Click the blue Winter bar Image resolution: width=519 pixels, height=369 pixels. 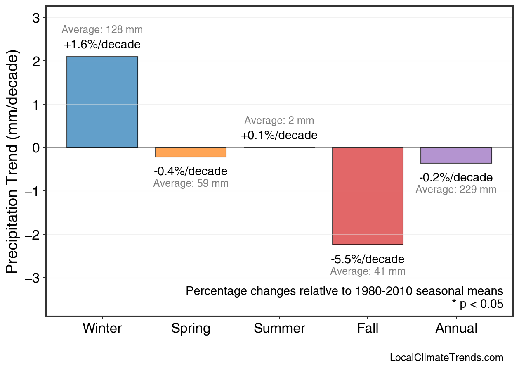(x=102, y=102)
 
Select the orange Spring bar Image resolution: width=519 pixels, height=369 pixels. (x=191, y=152)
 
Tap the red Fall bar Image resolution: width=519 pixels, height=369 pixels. (x=368, y=196)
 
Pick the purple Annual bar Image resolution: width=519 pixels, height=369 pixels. (x=456, y=155)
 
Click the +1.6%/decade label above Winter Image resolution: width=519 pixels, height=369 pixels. (x=102, y=45)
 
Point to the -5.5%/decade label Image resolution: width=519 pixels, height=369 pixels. (x=368, y=259)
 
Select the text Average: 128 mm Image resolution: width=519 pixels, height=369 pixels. (x=102, y=30)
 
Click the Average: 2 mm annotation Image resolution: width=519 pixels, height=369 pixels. (x=279, y=121)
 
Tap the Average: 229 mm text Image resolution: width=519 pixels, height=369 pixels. (x=456, y=190)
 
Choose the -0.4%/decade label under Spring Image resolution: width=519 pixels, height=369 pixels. (x=191, y=171)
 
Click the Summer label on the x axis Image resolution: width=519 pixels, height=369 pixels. (x=279, y=329)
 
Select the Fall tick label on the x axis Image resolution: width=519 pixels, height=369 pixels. (x=368, y=329)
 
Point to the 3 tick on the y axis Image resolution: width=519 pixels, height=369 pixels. (x=36, y=18)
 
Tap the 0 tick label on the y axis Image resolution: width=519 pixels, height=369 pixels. (x=36, y=148)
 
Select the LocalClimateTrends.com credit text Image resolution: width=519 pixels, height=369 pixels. (x=446, y=358)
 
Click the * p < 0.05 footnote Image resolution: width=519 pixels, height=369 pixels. (x=477, y=305)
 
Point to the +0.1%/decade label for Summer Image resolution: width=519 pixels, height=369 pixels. (x=279, y=136)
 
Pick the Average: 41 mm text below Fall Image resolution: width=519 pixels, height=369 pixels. (x=368, y=271)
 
